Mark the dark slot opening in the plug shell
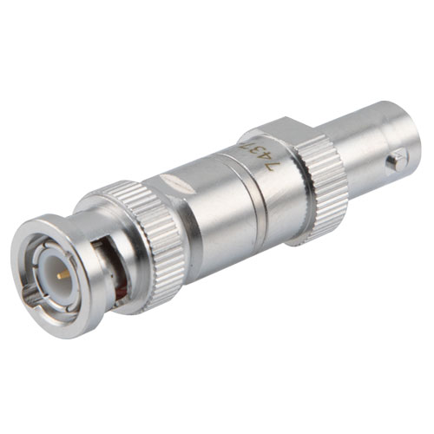[x=100, y=260]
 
